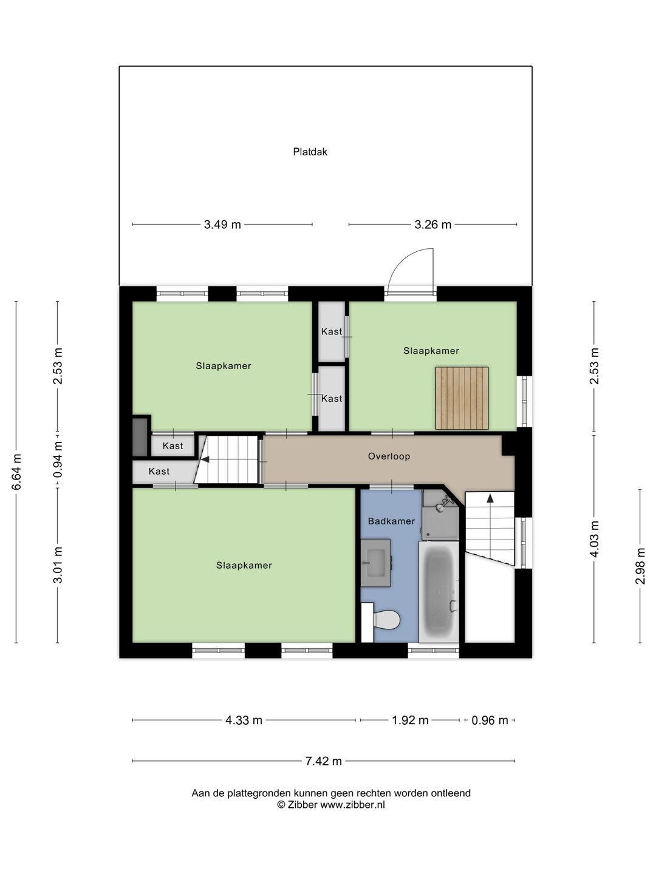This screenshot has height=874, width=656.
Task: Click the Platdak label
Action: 310,152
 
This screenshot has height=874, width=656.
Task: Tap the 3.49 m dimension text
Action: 222,225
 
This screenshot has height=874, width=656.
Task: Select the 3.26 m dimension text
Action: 432,225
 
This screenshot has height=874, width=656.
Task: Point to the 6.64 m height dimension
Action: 16,472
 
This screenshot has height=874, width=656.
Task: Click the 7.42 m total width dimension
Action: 323,761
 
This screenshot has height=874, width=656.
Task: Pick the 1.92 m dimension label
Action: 410,720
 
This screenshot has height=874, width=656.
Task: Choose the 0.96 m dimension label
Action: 490,720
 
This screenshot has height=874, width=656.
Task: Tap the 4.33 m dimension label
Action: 244,720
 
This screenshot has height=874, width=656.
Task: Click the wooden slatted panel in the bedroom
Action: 462,398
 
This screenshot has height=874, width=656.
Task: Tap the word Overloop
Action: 389,456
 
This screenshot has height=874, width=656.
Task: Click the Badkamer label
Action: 391,521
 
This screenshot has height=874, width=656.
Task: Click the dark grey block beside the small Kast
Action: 140,436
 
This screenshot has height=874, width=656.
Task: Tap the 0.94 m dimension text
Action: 58,459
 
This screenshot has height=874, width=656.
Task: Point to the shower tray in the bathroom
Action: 440,515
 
